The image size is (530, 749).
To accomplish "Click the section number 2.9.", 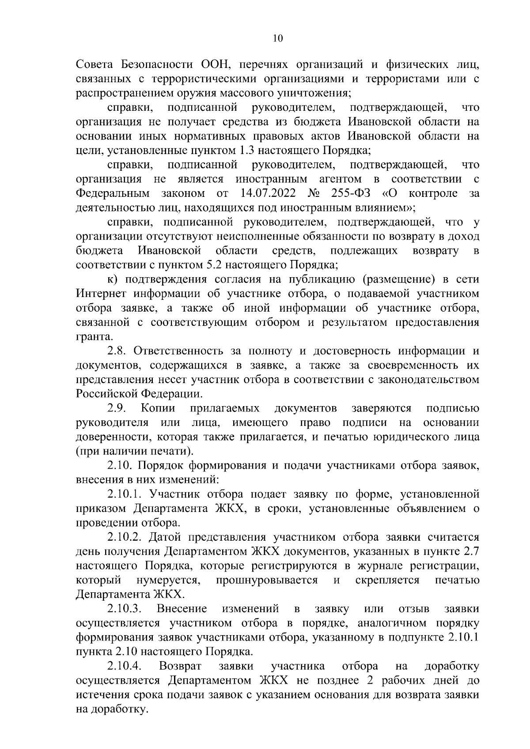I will tap(116, 408).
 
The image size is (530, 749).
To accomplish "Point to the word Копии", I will tap(158, 408).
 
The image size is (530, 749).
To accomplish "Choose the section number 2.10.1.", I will tap(125, 494).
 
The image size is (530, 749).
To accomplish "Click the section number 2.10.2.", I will tap(125, 537).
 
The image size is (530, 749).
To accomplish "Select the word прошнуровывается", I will tap(267, 580).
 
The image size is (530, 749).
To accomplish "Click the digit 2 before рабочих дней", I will tap(370, 681).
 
